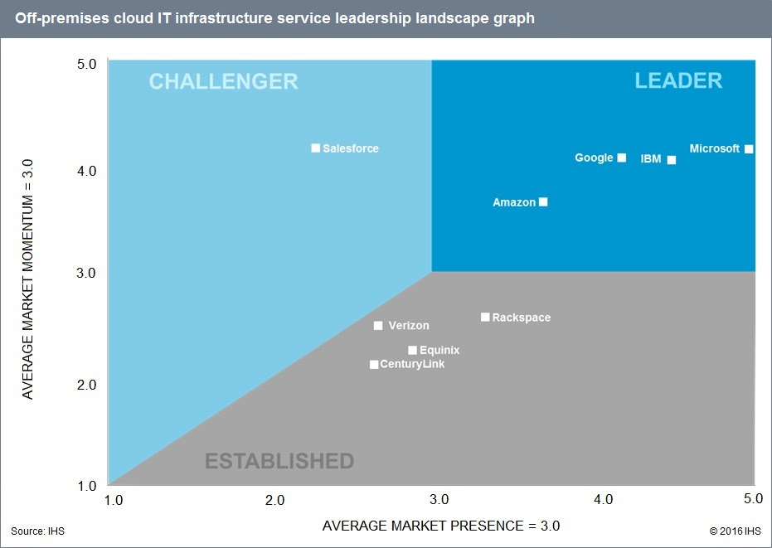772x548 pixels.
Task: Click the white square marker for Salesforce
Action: tap(315, 148)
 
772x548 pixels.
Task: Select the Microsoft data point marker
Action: tap(749, 149)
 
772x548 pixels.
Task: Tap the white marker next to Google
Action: tap(622, 158)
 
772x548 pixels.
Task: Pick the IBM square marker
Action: tap(672, 160)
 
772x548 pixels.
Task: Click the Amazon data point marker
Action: tap(543, 202)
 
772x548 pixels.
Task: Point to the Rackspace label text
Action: tap(521, 318)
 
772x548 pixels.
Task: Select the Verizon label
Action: tap(409, 326)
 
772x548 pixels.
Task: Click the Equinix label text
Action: tap(439, 351)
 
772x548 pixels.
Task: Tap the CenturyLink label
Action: tap(412, 365)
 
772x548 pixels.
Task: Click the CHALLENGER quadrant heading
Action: tap(223, 81)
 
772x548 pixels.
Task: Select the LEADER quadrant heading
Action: tap(678, 80)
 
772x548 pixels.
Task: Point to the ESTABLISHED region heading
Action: tap(279, 461)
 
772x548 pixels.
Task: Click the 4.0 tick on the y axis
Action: tap(87, 171)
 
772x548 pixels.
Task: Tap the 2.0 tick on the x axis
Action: tap(274, 500)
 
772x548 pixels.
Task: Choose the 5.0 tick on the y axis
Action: tap(87, 64)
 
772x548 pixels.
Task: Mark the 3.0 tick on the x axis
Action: tap(439, 500)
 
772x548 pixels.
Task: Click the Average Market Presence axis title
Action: tap(440, 526)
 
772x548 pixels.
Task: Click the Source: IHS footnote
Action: tap(37, 531)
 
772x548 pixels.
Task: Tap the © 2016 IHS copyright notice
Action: tap(735, 531)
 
